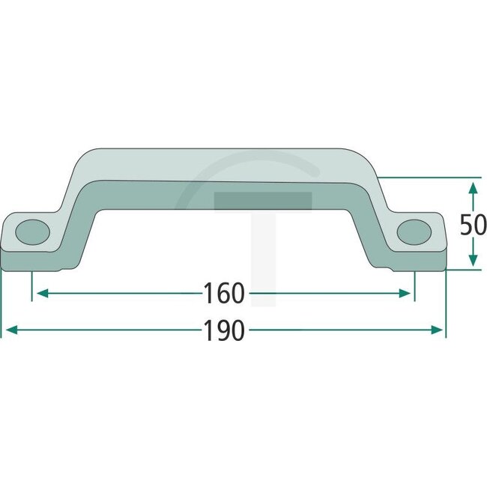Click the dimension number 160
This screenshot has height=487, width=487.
(x=224, y=294)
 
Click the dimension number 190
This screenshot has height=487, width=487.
(x=224, y=330)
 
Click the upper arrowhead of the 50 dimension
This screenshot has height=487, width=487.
(x=472, y=185)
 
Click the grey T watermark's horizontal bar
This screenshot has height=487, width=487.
(x=262, y=200)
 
